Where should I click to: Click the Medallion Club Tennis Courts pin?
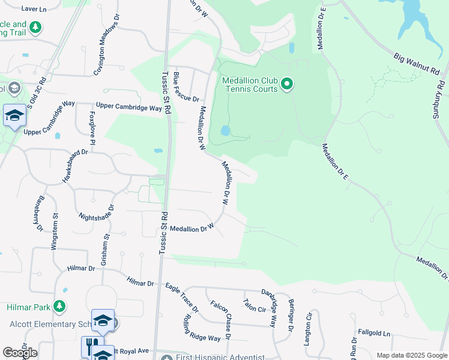click(x=287, y=84)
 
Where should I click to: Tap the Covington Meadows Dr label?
click(x=98, y=53)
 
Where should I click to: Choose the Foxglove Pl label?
click(x=92, y=127)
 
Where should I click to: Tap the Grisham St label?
click(x=106, y=250)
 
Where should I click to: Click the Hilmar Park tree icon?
click(x=59, y=307)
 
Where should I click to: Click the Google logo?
click(x=20, y=353)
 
